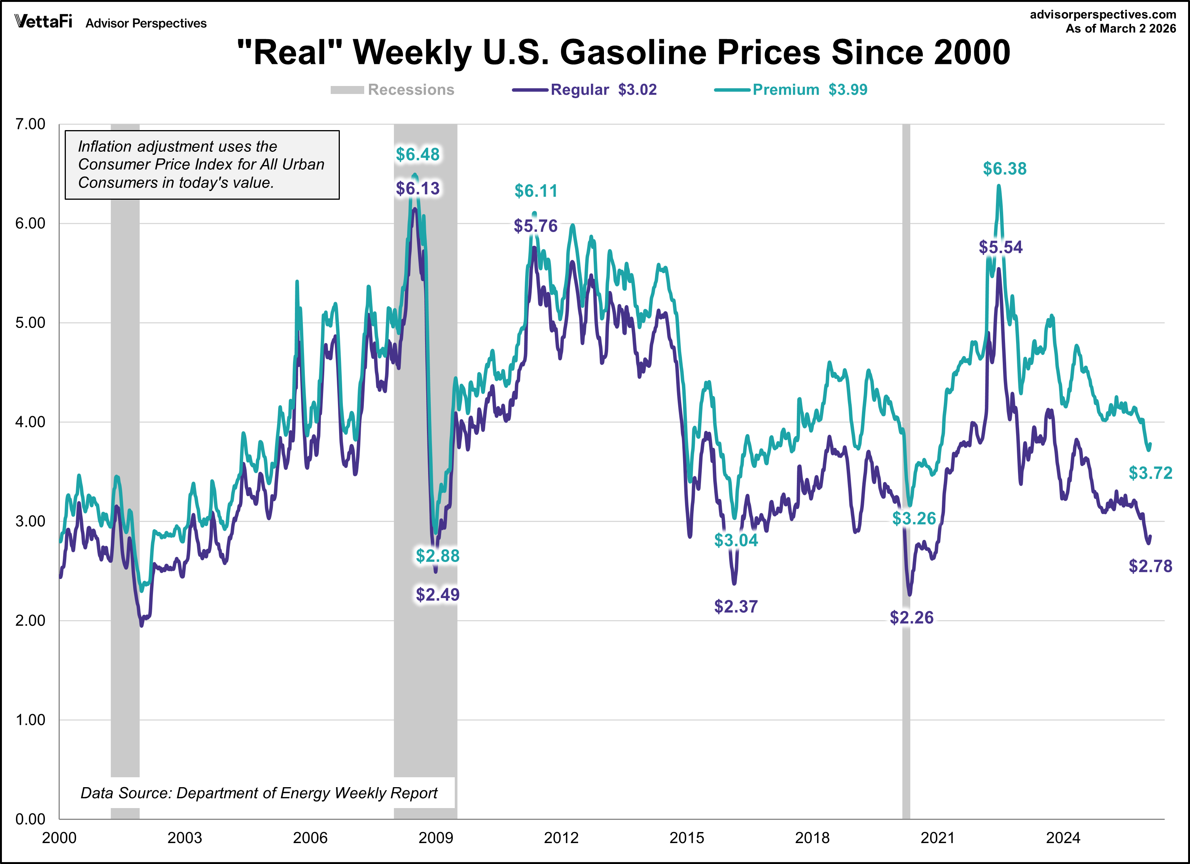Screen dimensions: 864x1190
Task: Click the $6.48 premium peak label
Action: (417, 154)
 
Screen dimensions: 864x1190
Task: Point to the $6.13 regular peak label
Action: (417, 188)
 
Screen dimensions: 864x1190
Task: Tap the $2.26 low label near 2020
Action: (911, 617)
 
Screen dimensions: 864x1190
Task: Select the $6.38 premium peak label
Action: (1004, 169)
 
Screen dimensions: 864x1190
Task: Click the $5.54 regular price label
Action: (1000, 247)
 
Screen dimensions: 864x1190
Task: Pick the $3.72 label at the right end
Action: (1150, 473)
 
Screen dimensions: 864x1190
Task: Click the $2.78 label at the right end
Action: (1150, 566)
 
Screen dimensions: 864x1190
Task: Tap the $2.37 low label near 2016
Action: (736, 606)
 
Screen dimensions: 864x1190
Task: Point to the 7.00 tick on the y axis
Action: (30, 124)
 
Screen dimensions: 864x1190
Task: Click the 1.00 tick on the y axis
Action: (30, 720)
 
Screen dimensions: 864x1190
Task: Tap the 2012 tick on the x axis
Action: (561, 838)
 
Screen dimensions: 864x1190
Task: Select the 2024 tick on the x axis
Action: (1063, 838)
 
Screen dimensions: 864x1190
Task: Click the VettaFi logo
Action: (43, 22)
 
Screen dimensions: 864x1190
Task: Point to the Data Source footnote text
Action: (259, 792)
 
